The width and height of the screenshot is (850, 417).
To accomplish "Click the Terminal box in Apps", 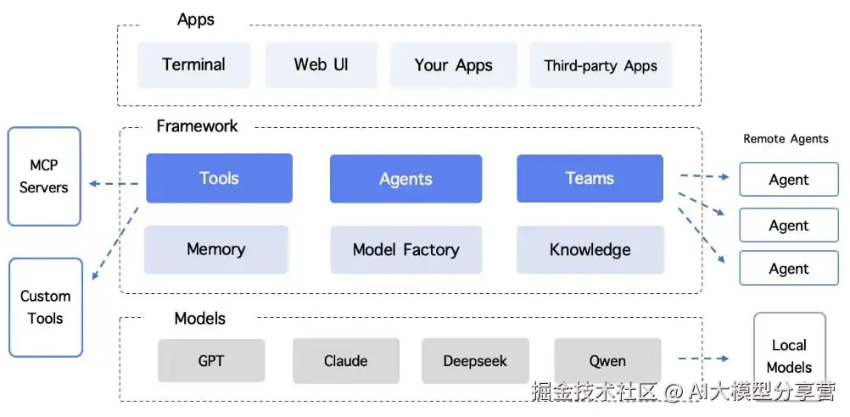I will tap(193, 64).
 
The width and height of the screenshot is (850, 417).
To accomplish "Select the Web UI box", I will tap(321, 64).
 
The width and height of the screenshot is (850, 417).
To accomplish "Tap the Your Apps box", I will tap(453, 65).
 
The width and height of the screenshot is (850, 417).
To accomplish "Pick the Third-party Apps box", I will tap(601, 65).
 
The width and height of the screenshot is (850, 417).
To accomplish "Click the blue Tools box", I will tap(219, 178).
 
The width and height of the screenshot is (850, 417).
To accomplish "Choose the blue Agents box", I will tap(405, 179).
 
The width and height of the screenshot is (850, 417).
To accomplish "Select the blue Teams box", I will tap(590, 178).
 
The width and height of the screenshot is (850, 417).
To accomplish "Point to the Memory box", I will tap(215, 249).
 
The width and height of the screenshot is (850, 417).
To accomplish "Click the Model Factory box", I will tap(405, 250).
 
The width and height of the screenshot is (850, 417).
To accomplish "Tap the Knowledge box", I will tap(590, 250).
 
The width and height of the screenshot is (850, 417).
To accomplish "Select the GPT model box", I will tap(211, 361).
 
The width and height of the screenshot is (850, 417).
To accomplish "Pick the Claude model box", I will tap(345, 361).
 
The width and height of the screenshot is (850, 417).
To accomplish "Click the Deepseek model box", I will tap(475, 361).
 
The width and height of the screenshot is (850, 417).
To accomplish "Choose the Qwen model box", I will tap(607, 361).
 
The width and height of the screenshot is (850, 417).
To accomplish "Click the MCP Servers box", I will tap(44, 176).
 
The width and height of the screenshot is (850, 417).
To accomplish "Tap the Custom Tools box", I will tap(46, 307).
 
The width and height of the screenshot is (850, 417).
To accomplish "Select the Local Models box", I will tap(789, 356).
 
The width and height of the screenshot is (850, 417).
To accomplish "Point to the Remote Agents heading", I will tap(786, 139).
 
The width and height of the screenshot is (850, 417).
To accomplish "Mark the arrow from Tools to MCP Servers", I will tap(114, 184).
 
